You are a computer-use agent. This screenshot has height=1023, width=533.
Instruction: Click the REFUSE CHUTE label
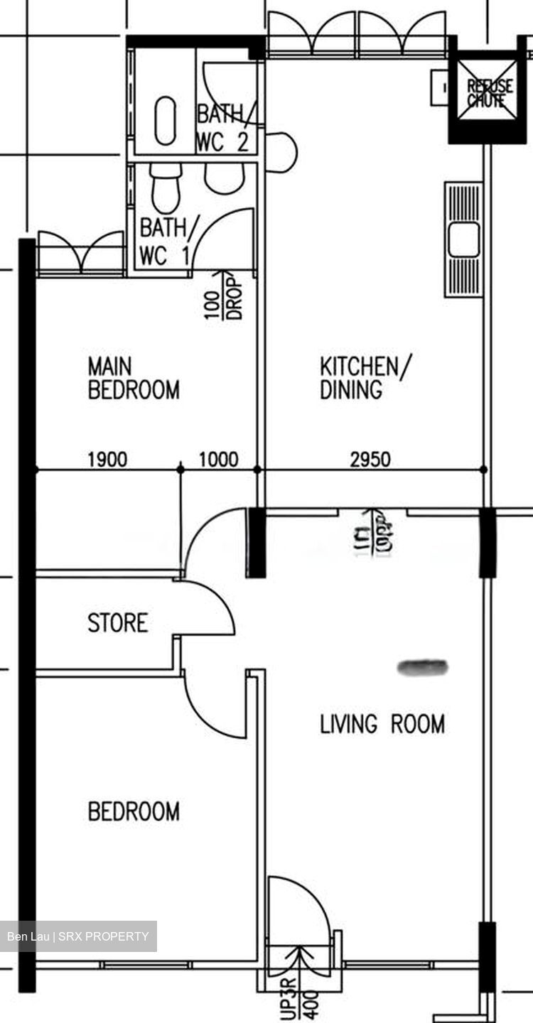pos(490,93)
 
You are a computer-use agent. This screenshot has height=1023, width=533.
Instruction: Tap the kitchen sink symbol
pos(463,239)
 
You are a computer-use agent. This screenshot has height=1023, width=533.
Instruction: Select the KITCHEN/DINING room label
pos(365,378)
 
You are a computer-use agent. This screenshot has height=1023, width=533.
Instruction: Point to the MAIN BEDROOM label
pos(133,378)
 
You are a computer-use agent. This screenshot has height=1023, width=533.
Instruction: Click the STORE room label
pos(118,623)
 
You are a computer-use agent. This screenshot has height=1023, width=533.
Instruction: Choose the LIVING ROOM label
pos(382,724)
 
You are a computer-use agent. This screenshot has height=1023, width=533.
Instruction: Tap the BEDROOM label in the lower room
pos(134,811)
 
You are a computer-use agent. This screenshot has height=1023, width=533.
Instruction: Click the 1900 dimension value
pos(107,460)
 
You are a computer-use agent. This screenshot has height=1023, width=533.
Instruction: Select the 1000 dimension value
pos(218,460)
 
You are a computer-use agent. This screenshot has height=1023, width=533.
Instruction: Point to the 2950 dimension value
pos(370,460)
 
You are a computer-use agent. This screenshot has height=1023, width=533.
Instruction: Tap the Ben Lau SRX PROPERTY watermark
pos(78,936)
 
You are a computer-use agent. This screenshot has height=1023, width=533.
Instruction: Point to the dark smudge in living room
pos(423,666)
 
